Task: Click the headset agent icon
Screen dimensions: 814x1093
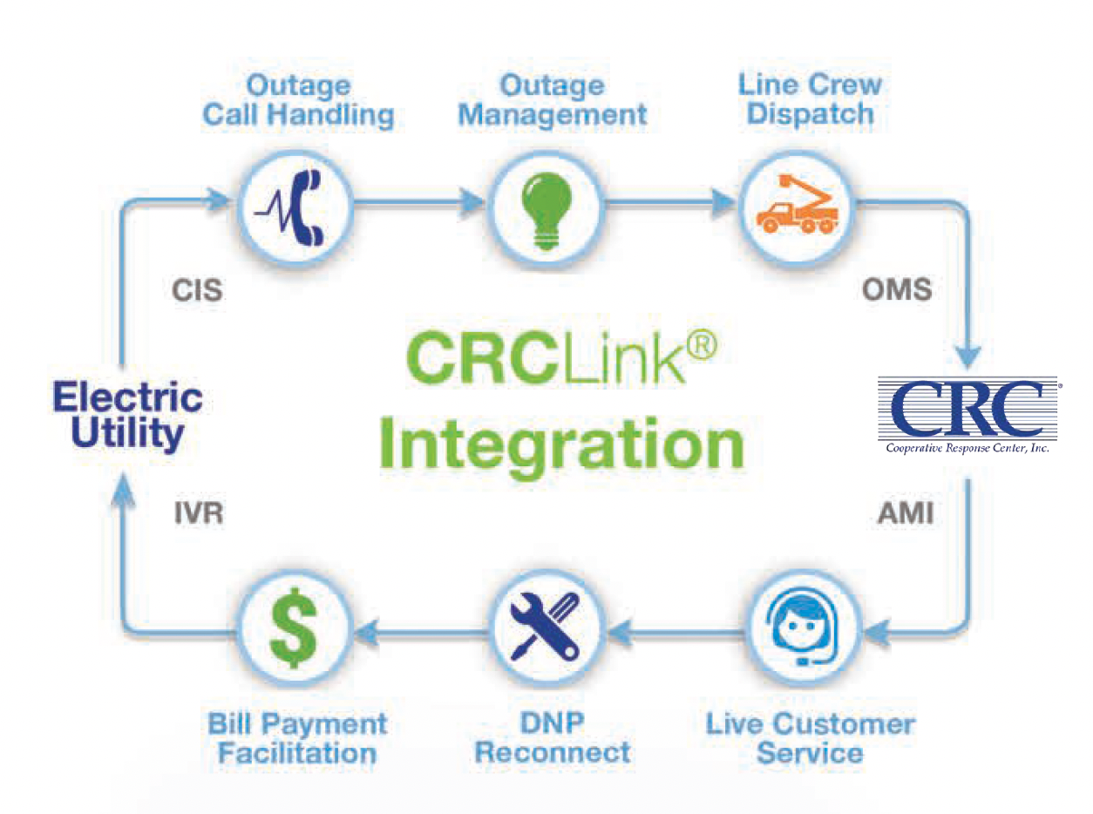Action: tap(797, 626)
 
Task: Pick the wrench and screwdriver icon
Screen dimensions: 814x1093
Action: tap(546, 626)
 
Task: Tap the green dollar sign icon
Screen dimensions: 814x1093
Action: tap(295, 626)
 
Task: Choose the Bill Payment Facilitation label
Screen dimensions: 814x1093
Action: tap(297, 736)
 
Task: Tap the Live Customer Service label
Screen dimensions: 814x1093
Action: tap(810, 736)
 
